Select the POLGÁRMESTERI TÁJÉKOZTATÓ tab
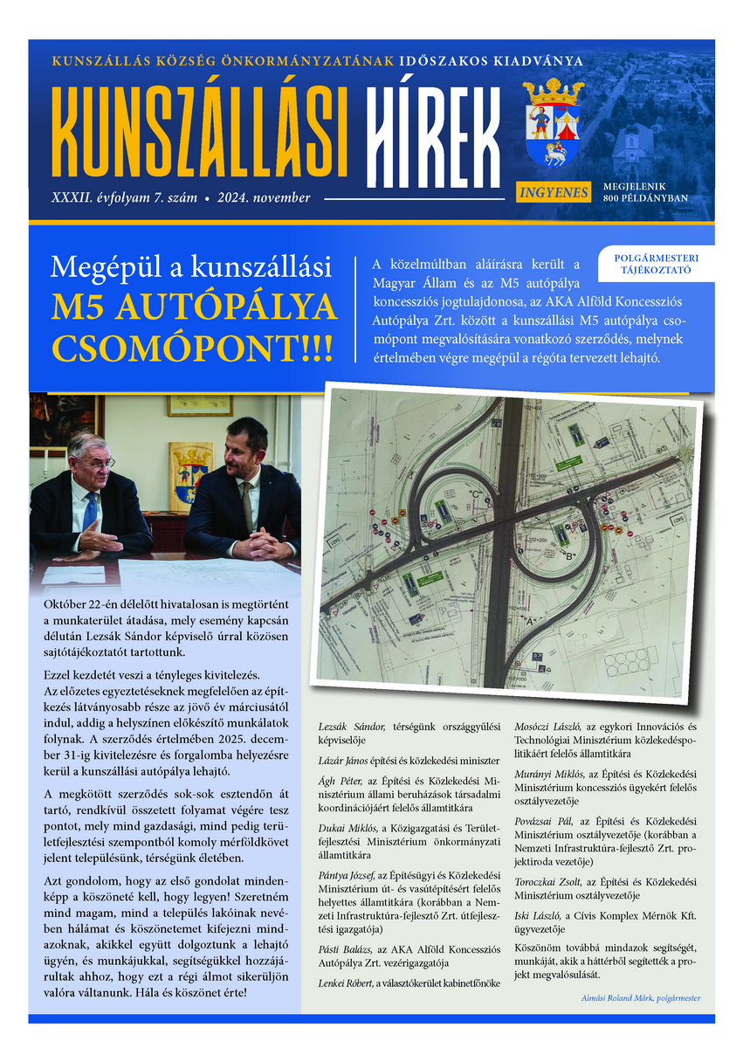pos(654,264)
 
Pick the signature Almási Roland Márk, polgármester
pos(640,998)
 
